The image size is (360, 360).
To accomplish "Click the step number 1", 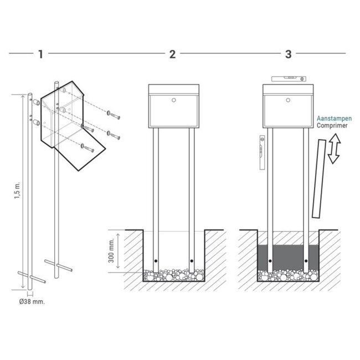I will click(x=40, y=54).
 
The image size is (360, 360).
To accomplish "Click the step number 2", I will click(x=172, y=54).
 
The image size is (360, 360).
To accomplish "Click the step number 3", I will click(x=288, y=54).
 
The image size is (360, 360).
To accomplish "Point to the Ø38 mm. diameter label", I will click(x=32, y=302).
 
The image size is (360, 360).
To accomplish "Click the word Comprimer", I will click(x=332, y=126).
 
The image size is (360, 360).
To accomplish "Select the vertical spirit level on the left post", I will click(x=261, y=152).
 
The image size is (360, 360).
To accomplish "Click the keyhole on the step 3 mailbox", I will click(x=288, y=101).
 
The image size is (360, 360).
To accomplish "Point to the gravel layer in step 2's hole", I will click(x=173, y=275).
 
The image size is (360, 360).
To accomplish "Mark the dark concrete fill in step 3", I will click(x=288, y=255).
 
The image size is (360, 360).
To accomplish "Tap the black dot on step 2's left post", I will click(x=156, y=261).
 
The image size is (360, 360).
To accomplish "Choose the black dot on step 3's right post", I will click(x=307, y=261).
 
